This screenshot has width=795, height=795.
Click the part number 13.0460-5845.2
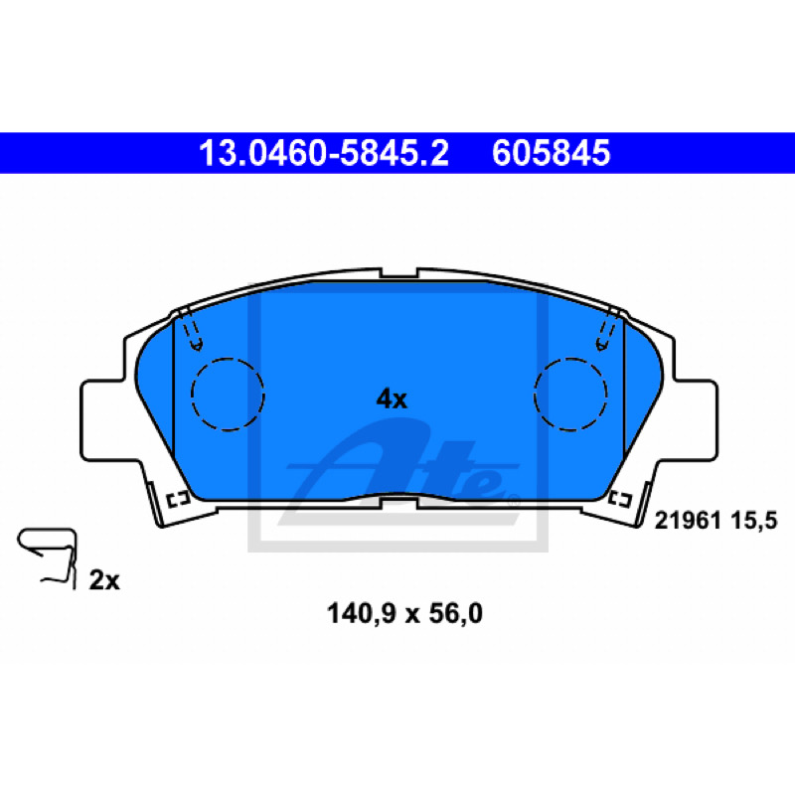(x=324, y=153)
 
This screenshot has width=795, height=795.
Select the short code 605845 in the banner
(x=552, y=153)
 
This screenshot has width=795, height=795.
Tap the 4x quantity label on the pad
(x=392, y=399)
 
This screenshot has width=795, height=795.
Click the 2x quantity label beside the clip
(x=104, y=580)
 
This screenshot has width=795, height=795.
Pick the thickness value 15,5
(x=754, y=521)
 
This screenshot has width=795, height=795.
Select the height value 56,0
(x=455, y=613)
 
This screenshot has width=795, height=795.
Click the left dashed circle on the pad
(x=228, y=359)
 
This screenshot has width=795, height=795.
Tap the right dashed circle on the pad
(x=570, y=359)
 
